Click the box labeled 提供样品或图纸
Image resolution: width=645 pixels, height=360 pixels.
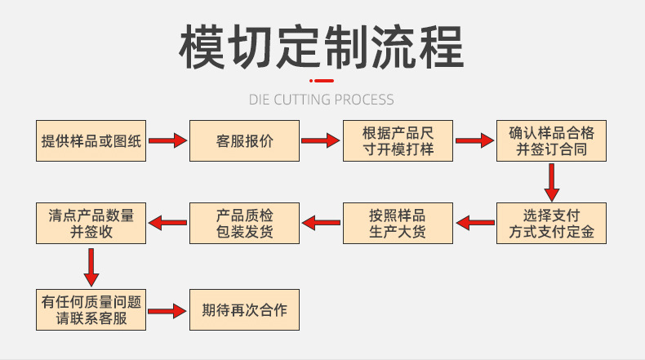[91, 141]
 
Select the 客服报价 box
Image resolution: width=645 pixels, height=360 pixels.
[245, 141]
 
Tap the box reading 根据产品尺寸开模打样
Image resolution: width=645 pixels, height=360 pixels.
[398, 141]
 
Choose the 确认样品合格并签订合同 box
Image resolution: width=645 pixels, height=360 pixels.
[552, 141]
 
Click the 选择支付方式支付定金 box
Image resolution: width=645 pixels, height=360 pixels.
[552, 223]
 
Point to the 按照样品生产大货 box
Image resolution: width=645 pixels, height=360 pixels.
[398, 223]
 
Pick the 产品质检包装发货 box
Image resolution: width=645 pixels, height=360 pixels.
[245, 223]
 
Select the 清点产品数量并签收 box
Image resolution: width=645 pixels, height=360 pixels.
[91, 223]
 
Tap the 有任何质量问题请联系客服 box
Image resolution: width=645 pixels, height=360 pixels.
[91, 309]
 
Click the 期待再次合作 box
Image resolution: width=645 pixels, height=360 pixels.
[245, 309]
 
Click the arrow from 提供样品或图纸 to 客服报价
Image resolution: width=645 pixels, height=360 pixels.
[168, 141]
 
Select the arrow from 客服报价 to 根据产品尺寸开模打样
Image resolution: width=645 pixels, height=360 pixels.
[320, 141]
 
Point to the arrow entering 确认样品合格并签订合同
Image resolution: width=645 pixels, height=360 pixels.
[475, 141]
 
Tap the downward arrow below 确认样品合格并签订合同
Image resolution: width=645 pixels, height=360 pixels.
[552, 182]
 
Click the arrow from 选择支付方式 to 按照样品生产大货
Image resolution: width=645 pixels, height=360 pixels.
[475, 221]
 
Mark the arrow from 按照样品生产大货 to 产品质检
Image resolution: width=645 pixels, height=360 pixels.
[322, 221]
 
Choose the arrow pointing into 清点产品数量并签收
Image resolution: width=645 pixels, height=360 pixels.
[168, 221]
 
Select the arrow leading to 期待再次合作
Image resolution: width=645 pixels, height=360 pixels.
[168, 311]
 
